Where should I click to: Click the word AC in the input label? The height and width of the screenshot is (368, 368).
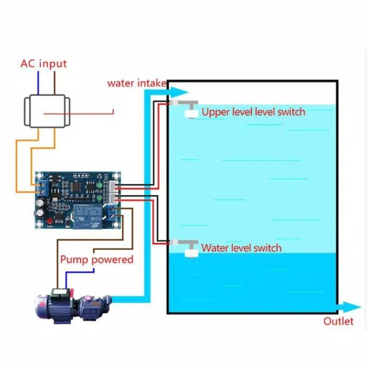[x=28, y=64]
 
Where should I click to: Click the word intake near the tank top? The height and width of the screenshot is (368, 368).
[x=152, y=83]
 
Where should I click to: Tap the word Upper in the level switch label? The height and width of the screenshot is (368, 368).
[x=214, y=111]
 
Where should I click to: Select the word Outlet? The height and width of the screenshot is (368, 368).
[x=338, y=321]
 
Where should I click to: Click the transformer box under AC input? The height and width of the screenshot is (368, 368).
[x=46, y=111]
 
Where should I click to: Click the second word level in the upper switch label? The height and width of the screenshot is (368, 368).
[x=266, y=111]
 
